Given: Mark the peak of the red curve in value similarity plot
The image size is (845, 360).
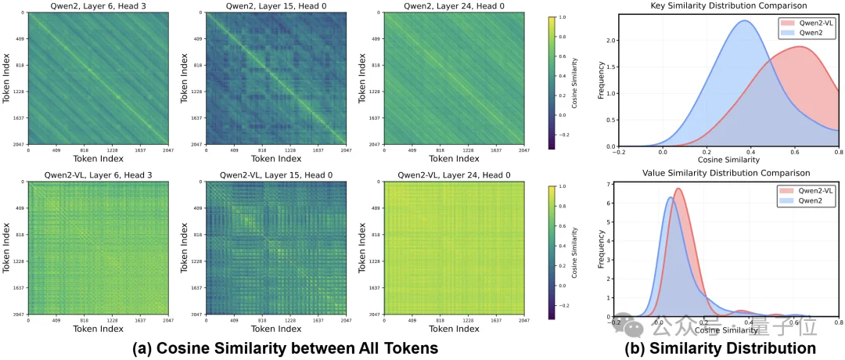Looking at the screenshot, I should pyautogui.click(x=678, y=189).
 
